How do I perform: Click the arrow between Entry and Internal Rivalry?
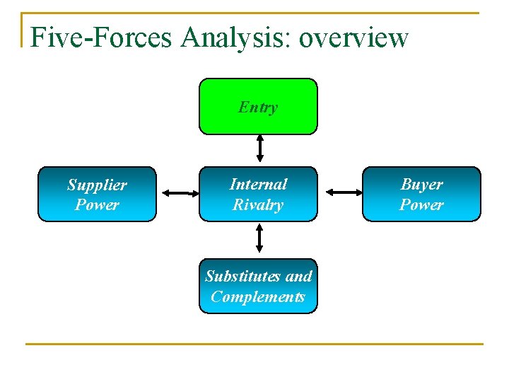coord(259,149)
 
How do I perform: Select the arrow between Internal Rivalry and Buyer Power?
coord(343,192)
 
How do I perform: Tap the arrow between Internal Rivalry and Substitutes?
coord(259,238)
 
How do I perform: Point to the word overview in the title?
coord(353,37)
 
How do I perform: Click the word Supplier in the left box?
coord(97,185)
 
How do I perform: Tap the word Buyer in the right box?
coord(421,185)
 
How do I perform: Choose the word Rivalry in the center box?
coord(258,205)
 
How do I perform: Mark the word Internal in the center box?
coord(258,185)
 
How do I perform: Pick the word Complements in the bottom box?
coord(258,296)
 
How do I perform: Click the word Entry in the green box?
coord(258,108)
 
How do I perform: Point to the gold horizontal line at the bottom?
coord(255,345)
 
